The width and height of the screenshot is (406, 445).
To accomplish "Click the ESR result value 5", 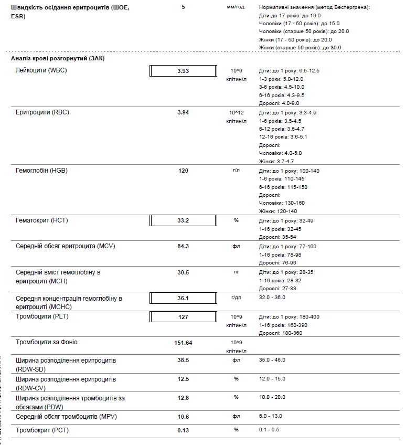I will tap(183, 7).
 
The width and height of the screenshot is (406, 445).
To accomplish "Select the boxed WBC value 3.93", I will tap(183, 71).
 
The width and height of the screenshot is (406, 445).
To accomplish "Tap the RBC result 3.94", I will tap(183, 113).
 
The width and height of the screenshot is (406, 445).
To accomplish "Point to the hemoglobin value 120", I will tap(183, 171).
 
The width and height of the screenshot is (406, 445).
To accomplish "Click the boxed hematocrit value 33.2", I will tap(183, 220).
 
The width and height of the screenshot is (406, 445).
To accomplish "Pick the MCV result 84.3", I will tap(183, 247).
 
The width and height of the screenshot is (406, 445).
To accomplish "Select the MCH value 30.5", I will tap(183, 273).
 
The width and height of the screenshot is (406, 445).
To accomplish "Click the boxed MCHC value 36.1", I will tap(183, 298).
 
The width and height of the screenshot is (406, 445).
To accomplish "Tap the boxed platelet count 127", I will tap(183, 317).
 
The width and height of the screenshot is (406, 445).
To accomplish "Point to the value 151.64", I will tap(183, 343).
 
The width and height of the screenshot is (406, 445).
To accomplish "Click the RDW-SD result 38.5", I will tap(183, 361).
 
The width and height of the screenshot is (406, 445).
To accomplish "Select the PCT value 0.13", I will tap(183, 430).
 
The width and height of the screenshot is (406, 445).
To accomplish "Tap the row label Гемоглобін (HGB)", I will tap(42, 171).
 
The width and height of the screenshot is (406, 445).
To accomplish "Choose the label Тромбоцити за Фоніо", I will tap(47, 342).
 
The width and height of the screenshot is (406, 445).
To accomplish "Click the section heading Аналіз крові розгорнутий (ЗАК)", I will tap(58, 58).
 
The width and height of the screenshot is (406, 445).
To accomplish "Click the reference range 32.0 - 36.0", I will tap(272, 298).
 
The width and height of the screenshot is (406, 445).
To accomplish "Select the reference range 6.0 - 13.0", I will tap(271, 416).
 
